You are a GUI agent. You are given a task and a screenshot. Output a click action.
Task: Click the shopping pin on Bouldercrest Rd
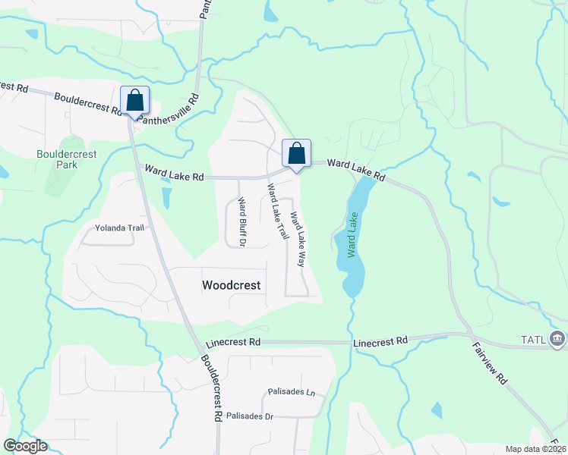click(135, 101)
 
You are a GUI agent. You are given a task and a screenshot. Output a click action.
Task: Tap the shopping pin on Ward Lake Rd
click(297, 154)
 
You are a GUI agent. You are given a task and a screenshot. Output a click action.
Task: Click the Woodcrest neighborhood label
click(232, 286)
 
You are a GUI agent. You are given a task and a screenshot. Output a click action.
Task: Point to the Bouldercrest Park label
click(68, 158)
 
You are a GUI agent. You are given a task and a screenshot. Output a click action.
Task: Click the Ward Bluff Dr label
click(241, 222)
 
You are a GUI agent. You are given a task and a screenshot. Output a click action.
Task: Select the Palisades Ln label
click(291, 392)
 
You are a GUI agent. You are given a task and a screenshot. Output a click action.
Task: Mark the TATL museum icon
click(557, 337)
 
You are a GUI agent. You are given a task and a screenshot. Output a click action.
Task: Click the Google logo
click(25, 446)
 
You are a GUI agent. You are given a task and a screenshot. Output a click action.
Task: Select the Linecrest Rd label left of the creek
click(233, 343)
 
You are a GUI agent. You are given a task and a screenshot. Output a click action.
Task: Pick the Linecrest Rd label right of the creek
click(380, 342)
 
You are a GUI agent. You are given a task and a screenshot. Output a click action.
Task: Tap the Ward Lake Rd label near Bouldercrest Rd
click(175, 177)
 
